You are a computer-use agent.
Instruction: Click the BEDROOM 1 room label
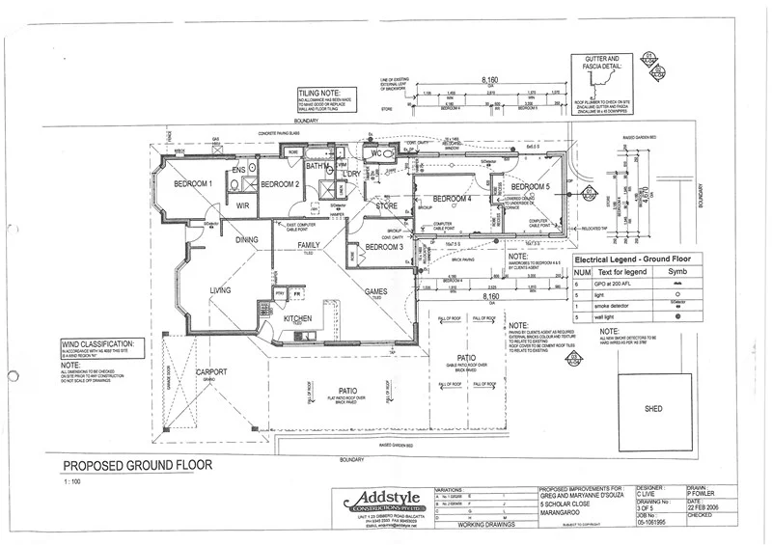point(193,183)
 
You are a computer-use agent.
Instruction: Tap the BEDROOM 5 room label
point(530,186)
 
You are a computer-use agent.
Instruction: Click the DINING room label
point(248,239)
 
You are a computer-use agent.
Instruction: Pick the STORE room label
point(386,205)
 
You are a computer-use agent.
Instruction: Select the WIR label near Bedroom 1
point(242,204)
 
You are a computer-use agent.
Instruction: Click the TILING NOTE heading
point(321,93)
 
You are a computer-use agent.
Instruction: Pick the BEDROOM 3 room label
point(385,248)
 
